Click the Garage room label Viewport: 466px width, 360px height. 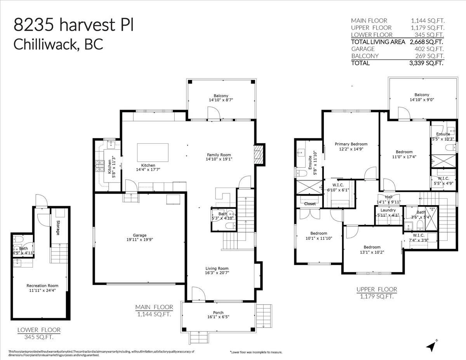140,235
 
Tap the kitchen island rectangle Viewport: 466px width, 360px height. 153,150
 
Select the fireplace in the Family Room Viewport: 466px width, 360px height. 259,154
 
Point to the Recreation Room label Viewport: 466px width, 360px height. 40,285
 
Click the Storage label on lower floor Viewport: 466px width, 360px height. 57,228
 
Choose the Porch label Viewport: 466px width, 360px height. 218,313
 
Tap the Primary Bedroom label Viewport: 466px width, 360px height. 351,144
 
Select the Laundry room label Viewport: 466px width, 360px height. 388,210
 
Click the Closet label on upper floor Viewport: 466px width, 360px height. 310,203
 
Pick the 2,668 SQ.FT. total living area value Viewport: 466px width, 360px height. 426,42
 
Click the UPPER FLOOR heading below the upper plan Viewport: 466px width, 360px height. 377,289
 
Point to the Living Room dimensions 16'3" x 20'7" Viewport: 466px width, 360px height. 217,273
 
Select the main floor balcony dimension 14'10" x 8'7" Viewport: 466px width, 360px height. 221,100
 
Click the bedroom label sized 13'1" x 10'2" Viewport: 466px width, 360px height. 372,247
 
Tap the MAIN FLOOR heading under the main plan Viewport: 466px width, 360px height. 154,307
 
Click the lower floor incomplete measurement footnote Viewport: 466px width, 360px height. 256,352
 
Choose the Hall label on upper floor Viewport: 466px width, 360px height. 388,197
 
